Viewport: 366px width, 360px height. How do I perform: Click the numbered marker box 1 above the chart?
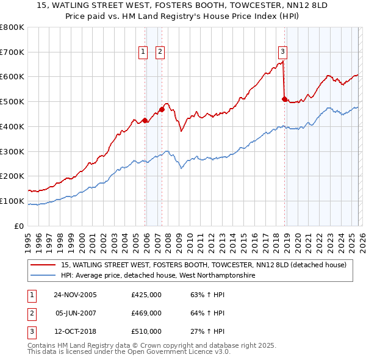pos(143,52)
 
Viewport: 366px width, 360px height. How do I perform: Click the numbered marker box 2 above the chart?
pos(160,52)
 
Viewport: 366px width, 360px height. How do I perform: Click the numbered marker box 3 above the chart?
pos(283,52)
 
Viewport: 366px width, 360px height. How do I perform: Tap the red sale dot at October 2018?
pos(284,99)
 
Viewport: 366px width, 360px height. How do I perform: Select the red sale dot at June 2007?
pos(162,109)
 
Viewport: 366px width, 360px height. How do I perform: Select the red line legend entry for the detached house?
pos(204,265)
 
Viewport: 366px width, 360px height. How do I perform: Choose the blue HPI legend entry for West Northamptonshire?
pos(157,276)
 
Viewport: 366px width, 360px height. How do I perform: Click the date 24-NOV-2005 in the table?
pos(75,295)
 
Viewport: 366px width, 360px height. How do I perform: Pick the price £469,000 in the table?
pos(146,313)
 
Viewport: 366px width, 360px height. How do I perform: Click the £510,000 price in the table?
pos(146,331)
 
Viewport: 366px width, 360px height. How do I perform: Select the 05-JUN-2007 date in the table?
pos(75,313)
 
